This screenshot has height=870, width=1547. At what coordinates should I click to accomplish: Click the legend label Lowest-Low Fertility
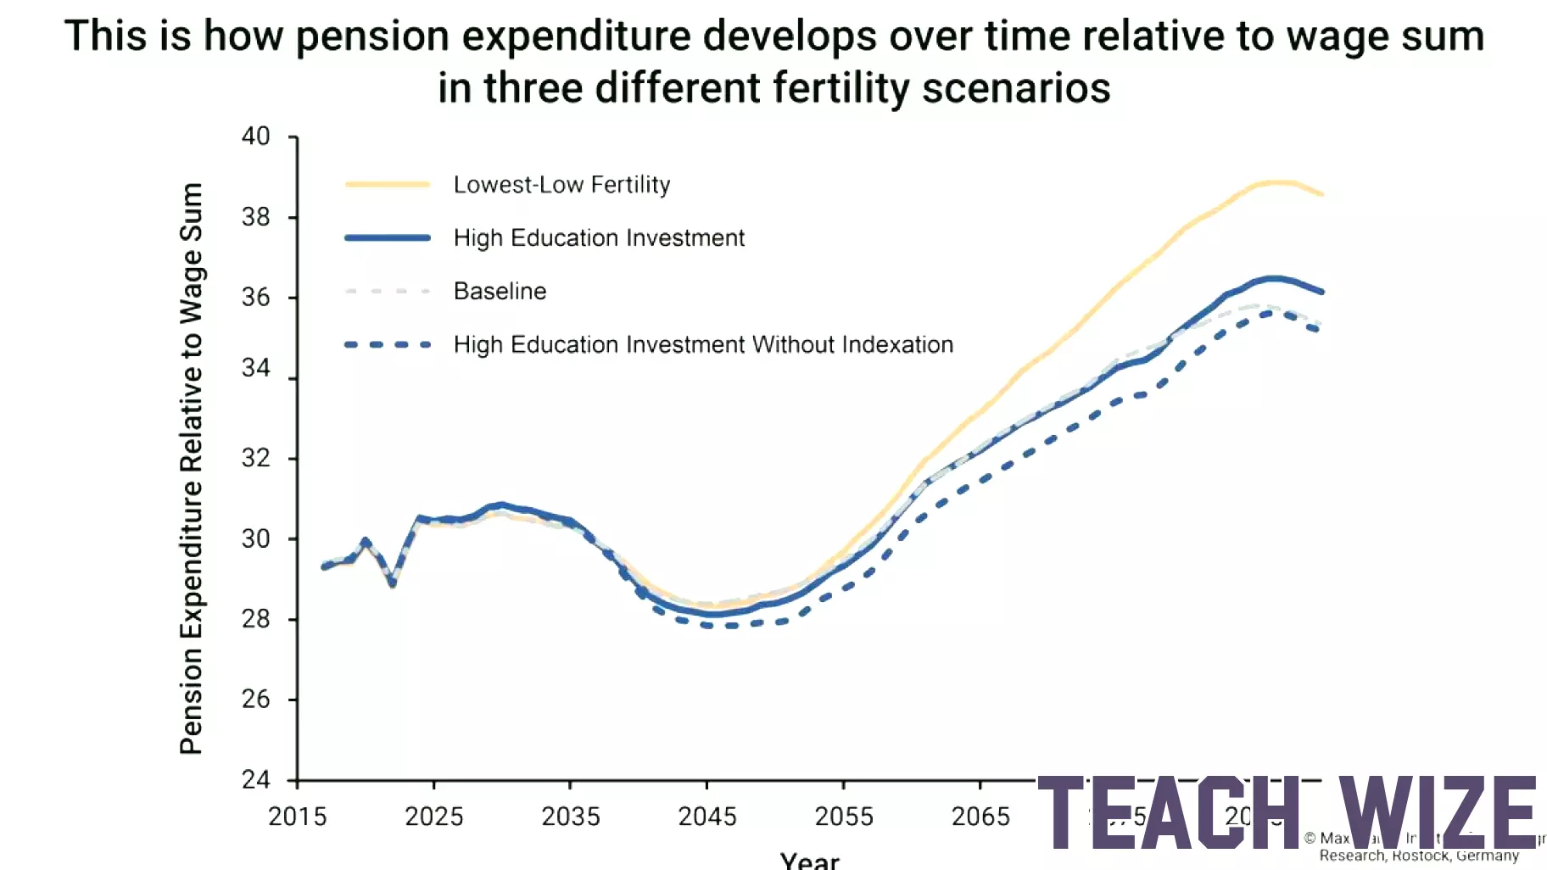click(x=561, y=185)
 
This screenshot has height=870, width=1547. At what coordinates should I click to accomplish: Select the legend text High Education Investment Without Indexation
click(x=703, y=344)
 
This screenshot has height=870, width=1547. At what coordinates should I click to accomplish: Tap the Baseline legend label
click(x=500, y=291)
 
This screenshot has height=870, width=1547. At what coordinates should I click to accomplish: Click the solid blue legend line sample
click(x=388, y=238)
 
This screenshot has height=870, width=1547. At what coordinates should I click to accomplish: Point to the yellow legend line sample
click(x=388, y=185)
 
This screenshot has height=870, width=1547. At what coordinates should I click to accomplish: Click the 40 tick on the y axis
click(x=255, y=137)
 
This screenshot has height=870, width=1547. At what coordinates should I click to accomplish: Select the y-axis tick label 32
click(x=255, y=458)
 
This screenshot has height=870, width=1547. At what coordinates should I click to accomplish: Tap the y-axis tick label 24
click(x=255, y=779)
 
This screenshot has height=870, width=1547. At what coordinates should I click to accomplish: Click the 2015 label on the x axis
click(x=297, y=817)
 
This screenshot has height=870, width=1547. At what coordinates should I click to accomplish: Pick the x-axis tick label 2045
click(x=706, y=817)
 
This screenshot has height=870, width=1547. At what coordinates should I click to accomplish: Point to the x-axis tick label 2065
click(x=980, y=817)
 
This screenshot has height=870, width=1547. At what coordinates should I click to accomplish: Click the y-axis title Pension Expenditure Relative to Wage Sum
click(x=192, y=468)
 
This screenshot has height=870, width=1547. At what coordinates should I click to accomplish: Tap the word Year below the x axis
click(x=809, y=861)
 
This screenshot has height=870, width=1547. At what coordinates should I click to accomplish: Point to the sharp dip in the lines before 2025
click(x=393, y=583)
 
